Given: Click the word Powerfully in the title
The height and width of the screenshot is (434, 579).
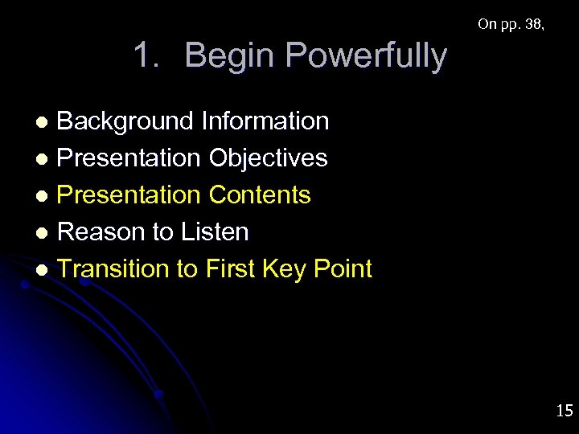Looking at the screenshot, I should (x=365, y=56).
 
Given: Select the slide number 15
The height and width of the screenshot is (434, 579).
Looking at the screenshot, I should (x=564, y=411).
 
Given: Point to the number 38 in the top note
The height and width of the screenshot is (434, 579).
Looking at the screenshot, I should (x=532, y=24).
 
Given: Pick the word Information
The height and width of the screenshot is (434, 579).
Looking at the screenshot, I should (x=265, y=121).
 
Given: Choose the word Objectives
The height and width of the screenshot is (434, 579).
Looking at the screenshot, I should (x=268, y=158).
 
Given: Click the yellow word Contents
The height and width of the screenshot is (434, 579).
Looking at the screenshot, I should (x=260, y=194).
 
